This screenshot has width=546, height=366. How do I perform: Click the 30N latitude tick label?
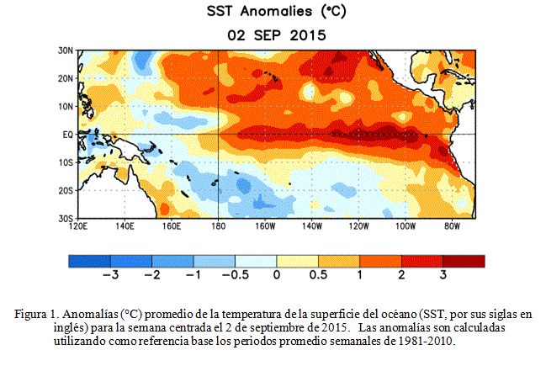66,50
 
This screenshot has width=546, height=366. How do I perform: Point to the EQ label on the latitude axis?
68,135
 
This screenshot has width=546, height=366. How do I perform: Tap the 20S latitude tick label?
66,190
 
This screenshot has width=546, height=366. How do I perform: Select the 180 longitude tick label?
219,226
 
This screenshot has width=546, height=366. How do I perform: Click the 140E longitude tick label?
125,226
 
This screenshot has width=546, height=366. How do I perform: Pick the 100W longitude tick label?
406,226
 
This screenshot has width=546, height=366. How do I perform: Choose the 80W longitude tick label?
452,226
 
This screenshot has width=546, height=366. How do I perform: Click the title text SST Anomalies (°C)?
277,11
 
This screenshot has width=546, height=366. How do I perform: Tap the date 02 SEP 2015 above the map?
277,35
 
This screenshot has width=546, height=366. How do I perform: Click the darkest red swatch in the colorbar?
464,261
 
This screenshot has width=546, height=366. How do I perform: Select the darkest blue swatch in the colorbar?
89,261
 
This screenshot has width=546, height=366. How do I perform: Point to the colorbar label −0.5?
236,275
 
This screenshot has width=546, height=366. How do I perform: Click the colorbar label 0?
277,275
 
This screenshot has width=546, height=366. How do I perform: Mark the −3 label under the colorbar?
111,275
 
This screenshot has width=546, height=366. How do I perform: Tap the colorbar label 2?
401,275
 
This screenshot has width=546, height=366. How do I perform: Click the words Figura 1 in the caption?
36,315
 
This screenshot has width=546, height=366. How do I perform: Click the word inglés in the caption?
68,328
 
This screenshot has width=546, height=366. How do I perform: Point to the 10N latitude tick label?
66,107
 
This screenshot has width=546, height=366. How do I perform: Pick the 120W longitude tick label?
358,226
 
